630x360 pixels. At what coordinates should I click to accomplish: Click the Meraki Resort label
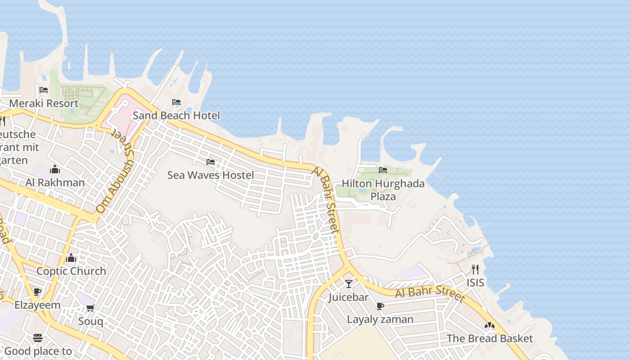pyautogui.click(x=44, y=103)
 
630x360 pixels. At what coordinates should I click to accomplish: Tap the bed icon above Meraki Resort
pyautogui.click(x=44, y=90)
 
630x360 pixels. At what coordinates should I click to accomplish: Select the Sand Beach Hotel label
pyautogui.click(x=176, y=116)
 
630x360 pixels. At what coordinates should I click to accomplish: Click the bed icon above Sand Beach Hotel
pyautogui.click(x=176, y=103)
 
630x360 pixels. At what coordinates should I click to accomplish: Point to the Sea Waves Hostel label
pyautogui.click(x=211, y=175)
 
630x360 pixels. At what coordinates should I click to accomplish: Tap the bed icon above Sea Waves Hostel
pyautogui.click(x=210, y=162)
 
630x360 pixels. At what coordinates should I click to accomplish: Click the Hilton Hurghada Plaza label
pyautogui.click(x=383, y=190)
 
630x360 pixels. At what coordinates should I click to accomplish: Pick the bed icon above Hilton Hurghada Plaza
pyautogui.click(x=383, y=170)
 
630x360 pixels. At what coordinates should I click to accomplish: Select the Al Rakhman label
pyautogui.click(x=55, y=182)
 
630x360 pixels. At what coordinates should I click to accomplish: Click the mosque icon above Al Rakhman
pyautogui.click(x=55, y=169)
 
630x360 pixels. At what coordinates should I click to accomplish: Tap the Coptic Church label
pyautogui.click(x=71, y=271)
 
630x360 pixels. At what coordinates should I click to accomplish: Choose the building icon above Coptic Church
pyautogui.click(x=71, y=258)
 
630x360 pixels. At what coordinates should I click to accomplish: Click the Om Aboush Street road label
pyautogui.click(x=115, y=180)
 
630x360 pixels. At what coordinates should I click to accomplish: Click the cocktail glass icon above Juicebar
pyautogui.click(x=349, y=284)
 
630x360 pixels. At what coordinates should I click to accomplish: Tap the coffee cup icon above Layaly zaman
pyautogui.click(x=380, y=306)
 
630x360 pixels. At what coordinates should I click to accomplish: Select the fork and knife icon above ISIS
pyautogui.click(x=475, y=270)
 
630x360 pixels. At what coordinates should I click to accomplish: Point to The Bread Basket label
pyautogui.click(x=490, y=338)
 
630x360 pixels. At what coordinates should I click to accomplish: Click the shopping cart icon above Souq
pyautogui.click(x=90, y=308)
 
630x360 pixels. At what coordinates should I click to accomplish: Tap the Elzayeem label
pyautogui.click(x=37, y=305)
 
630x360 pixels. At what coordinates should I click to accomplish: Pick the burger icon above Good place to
pyautogui.click(x=38, y=338)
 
